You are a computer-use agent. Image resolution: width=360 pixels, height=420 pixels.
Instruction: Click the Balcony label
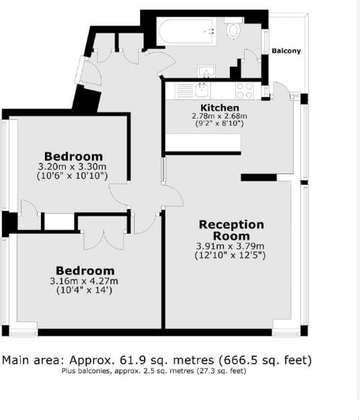286,51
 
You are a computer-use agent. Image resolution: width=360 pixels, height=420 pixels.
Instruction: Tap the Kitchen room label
220,107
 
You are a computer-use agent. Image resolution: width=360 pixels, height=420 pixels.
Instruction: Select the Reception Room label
231,230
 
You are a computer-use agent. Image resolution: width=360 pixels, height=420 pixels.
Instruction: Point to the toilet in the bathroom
233,29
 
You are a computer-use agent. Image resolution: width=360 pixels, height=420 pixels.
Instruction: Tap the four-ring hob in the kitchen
244,89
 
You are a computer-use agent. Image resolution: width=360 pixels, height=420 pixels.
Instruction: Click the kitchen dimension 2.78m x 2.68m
219,115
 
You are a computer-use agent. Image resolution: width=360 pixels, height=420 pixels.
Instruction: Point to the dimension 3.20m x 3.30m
73,167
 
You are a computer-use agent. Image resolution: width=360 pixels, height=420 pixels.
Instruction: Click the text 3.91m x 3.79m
231,246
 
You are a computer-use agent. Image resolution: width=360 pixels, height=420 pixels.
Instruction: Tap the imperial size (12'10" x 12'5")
231,255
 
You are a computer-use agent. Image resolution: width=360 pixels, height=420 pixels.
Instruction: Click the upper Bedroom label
74,157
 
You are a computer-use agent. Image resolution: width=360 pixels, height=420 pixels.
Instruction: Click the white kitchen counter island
202,143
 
